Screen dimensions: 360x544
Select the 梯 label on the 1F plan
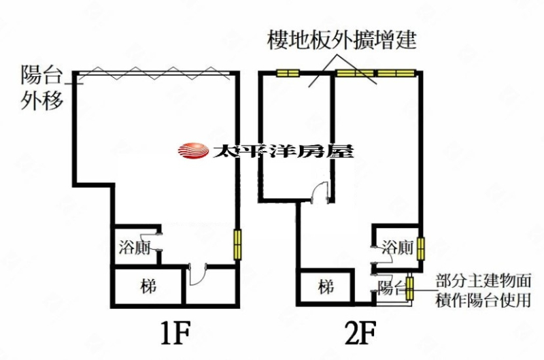pyautogui.click(x=149, y=287)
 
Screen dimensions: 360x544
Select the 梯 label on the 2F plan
pyautogui.click(x=327, y=287)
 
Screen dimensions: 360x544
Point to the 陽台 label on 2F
pyautogui.click(x=390, y=287)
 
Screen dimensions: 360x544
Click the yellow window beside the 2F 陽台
pyautogui.click(x=409, y=287)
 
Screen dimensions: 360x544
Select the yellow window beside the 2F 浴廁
pyautogui.click(x=421, y=248)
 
